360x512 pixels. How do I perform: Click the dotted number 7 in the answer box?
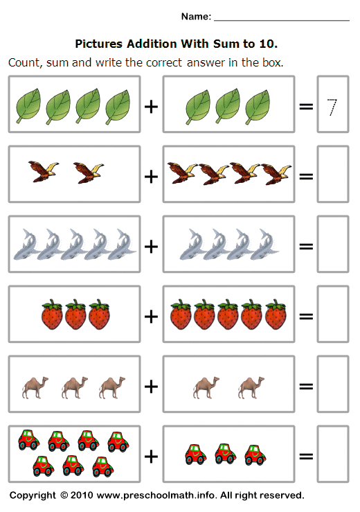(x=332, y=107)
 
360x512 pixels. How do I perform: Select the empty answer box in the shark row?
(x=332, y=246)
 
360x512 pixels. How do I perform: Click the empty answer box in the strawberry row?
(x=332, y=315)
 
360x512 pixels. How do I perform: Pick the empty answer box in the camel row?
(x=332, y=386)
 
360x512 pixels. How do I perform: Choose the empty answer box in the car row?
(x=332, y=456)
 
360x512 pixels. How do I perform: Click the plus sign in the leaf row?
(x=151, y=106)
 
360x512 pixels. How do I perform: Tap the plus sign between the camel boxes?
(x=151, y=386)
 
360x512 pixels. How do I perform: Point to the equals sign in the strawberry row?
(x=305, y=316)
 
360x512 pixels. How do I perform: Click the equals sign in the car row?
(x=305, y=456)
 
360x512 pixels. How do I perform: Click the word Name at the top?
(x=196, y=16)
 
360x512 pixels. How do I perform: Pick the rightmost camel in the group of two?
(x=250, y=387)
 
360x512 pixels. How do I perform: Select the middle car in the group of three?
(x=224, y=454)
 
